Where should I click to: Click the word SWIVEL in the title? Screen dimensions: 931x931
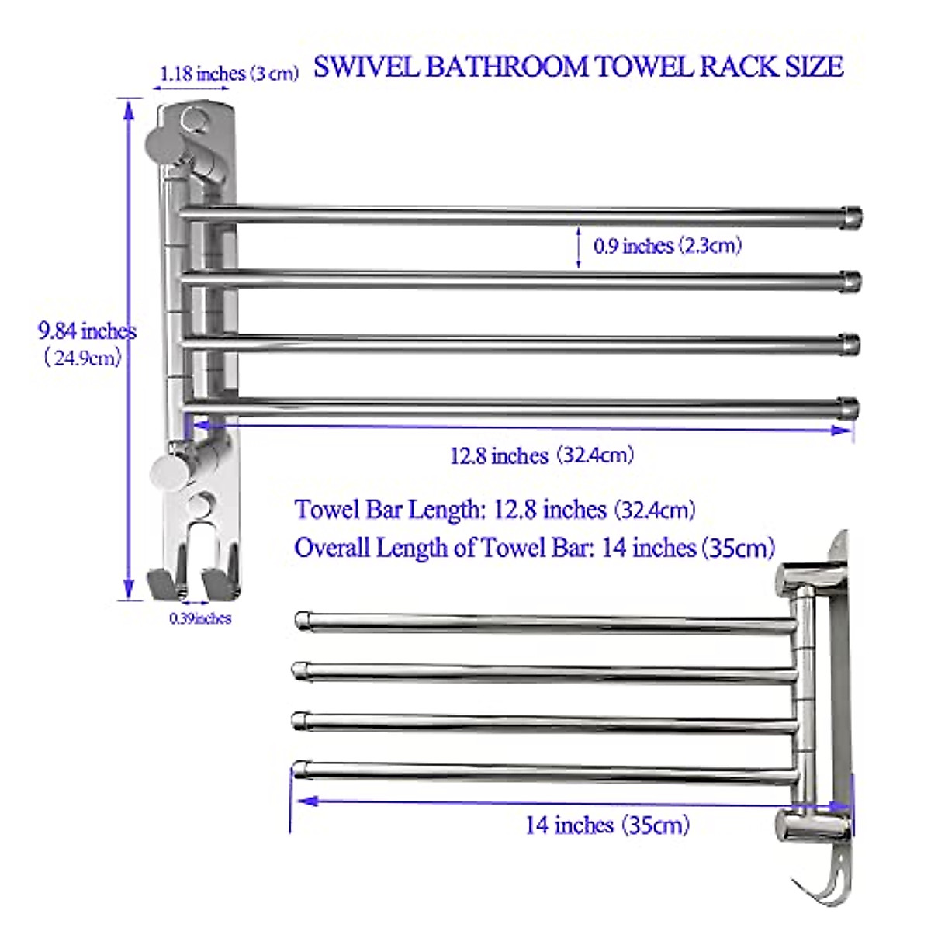click(x=368, y=67)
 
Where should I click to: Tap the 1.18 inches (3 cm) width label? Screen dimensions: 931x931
click(x=229, y=74)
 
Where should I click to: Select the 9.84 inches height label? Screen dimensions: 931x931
click(x=87, y=331)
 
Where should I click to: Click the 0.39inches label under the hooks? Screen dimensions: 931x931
click(x=200, y=618)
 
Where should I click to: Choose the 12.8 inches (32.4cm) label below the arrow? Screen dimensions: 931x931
click(x=542, y=455)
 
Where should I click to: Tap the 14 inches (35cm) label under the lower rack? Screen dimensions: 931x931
click(x=607, y=825)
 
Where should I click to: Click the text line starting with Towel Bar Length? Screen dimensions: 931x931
click(x=494, y=510)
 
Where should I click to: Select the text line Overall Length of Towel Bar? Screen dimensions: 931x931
click(x=535, y=548)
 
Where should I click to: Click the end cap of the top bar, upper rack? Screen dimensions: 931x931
click(x=851, y=216)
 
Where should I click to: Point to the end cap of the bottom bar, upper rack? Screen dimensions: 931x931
click(x=850, y=407)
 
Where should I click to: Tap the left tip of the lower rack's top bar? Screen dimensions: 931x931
click(x=302, y=620)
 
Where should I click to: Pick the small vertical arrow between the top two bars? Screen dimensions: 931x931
click(x=579, y=247)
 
